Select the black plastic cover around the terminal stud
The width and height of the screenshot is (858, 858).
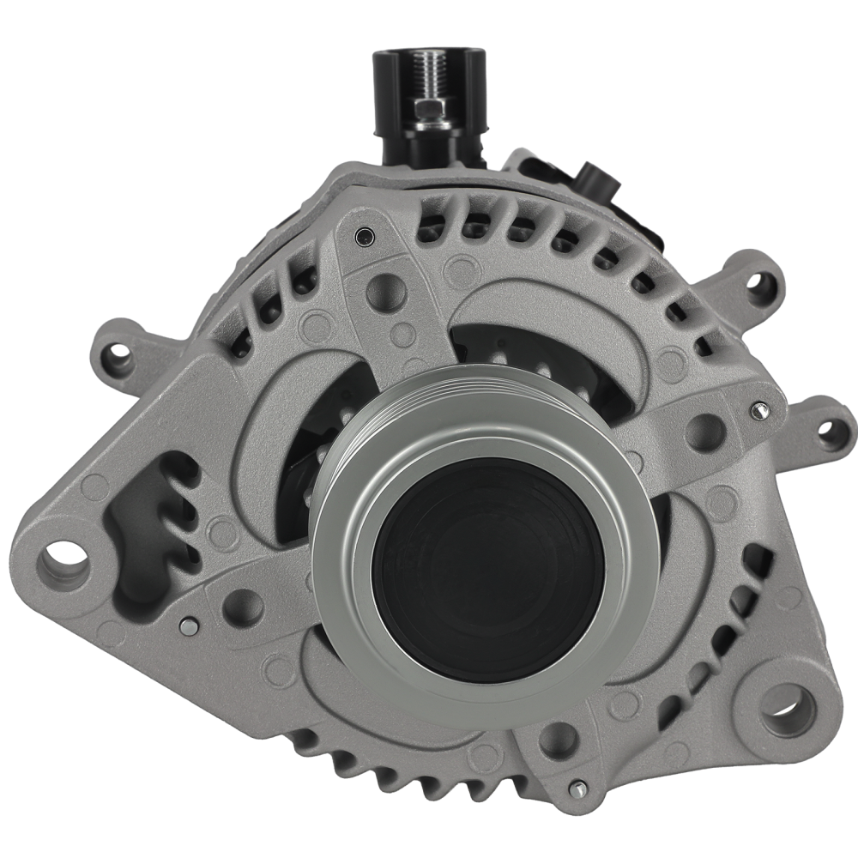tap(390, 103)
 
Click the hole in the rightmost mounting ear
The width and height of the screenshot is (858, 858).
tap(831, 432)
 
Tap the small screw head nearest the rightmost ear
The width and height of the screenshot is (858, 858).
tap(758, 411)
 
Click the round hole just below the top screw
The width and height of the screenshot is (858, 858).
tap(385, 293)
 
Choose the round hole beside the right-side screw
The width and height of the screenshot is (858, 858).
tap(705, 432)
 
